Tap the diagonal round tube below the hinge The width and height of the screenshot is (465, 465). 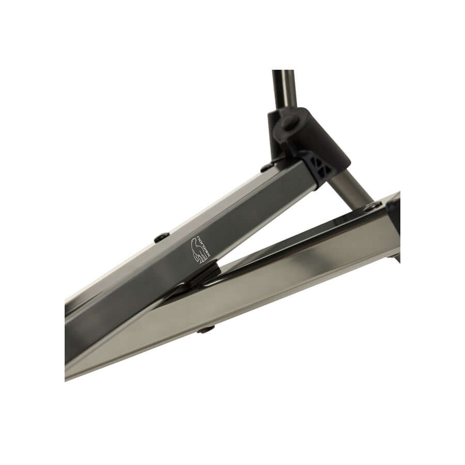tap(353, 188)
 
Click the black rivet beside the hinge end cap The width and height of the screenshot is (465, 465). tap(267, 167)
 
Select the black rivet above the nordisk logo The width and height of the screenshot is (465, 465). tap(162, 237)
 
